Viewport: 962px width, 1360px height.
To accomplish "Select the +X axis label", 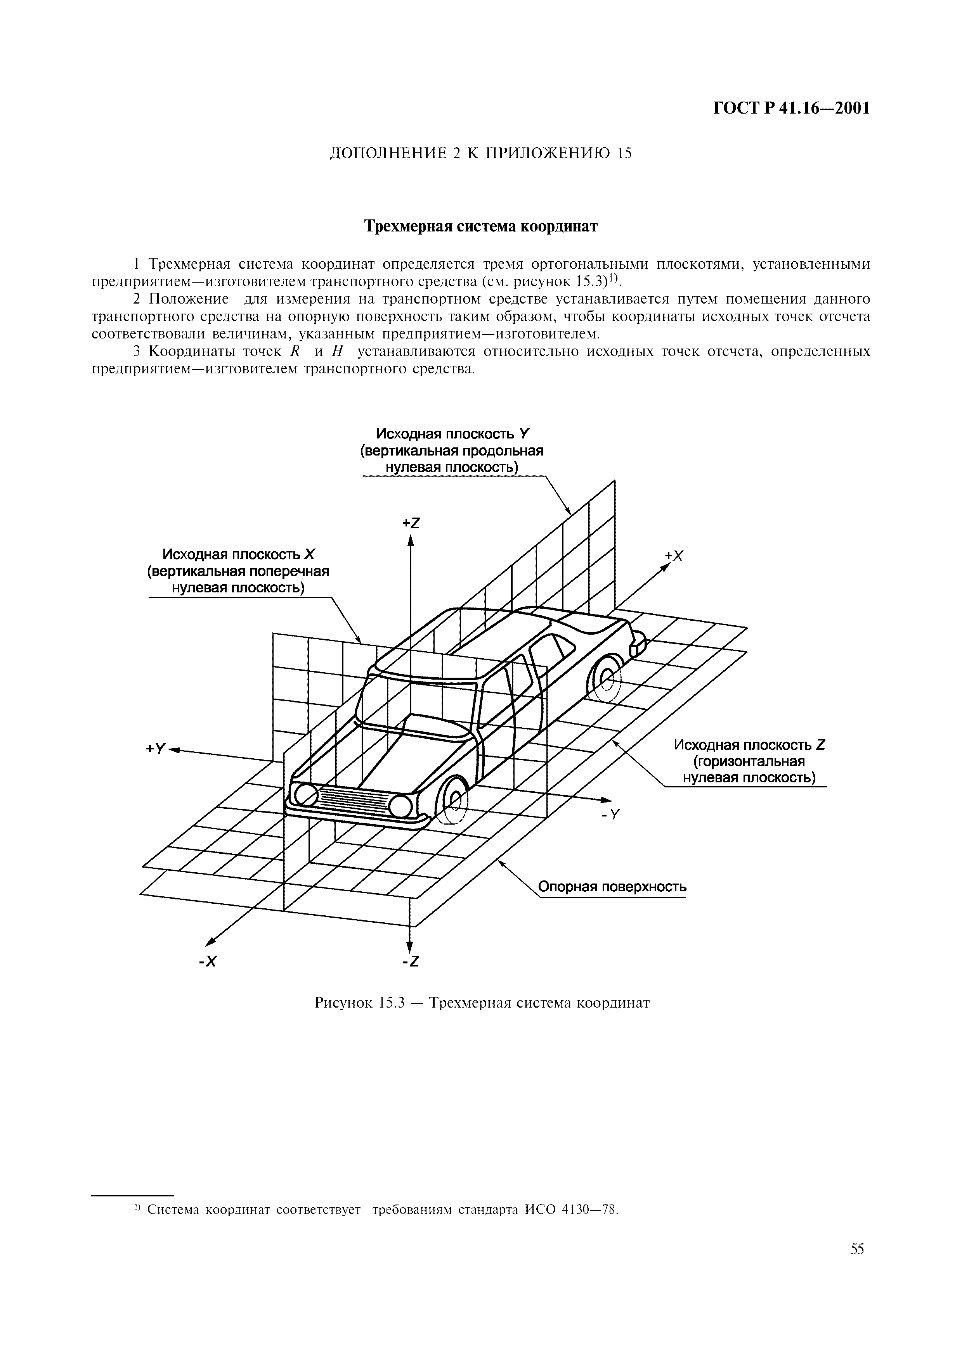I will [674, 556].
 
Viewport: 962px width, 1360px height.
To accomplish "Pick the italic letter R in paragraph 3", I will [294, 351].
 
